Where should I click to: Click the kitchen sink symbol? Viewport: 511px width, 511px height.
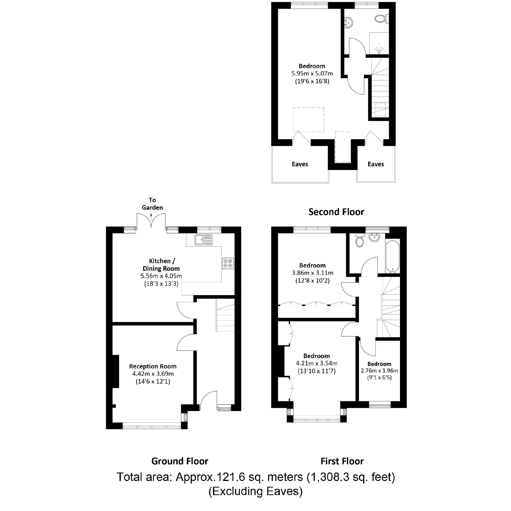click(204, 240)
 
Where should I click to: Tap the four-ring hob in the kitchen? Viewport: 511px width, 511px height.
click(228, 263)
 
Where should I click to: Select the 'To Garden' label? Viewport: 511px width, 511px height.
click(152, 204)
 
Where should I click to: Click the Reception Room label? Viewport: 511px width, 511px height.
click(153, 366)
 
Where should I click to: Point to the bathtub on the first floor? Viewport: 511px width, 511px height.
click(392, 256)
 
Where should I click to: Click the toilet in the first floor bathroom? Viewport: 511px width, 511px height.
click(359, 241)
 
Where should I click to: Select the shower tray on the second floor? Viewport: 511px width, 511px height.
click(379, 43)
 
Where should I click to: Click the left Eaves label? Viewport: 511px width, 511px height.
click(300, 164)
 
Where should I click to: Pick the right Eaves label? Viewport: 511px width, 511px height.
click(375, 164)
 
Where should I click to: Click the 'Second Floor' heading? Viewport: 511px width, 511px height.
click(336, 212)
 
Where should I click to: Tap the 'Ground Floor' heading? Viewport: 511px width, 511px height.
click(180, 461)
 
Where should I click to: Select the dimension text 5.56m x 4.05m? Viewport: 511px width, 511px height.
click(161, 276)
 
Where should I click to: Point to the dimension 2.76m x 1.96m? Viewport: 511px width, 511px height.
click(379, 370)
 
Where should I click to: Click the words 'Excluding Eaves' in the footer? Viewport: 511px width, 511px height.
click(255, 491)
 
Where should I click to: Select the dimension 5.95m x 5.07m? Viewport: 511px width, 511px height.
click(312, 73)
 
